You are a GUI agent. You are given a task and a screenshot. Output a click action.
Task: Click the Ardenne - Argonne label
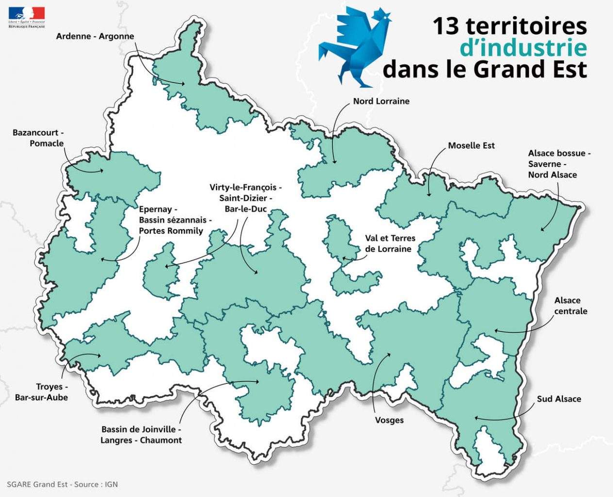pos(95,36)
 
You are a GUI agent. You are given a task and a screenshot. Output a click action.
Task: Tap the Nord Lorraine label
pos(381,101)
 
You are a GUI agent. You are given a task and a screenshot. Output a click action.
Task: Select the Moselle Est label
pos(471,146)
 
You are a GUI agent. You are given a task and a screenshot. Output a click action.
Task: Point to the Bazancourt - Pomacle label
pos(38,138)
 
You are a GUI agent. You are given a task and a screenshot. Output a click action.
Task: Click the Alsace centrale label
pos(570,306)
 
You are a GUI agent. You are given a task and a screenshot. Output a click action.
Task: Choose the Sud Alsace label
pos(559,399)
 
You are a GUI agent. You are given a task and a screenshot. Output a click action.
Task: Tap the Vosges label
pos(389,420)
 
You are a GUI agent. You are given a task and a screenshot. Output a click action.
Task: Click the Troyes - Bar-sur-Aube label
pos(41,392)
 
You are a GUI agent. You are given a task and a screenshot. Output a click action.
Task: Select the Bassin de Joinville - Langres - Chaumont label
pos(141,435)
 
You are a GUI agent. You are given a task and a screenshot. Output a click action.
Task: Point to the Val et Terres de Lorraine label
pos(390,244)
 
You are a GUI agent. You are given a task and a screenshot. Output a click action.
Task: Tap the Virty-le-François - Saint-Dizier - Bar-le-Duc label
pos(246,198)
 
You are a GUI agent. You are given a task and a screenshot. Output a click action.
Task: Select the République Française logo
pos(27,17)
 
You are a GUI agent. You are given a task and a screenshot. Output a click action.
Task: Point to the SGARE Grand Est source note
pos(62,484)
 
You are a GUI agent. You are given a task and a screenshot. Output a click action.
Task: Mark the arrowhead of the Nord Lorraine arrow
pos(335,162)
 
